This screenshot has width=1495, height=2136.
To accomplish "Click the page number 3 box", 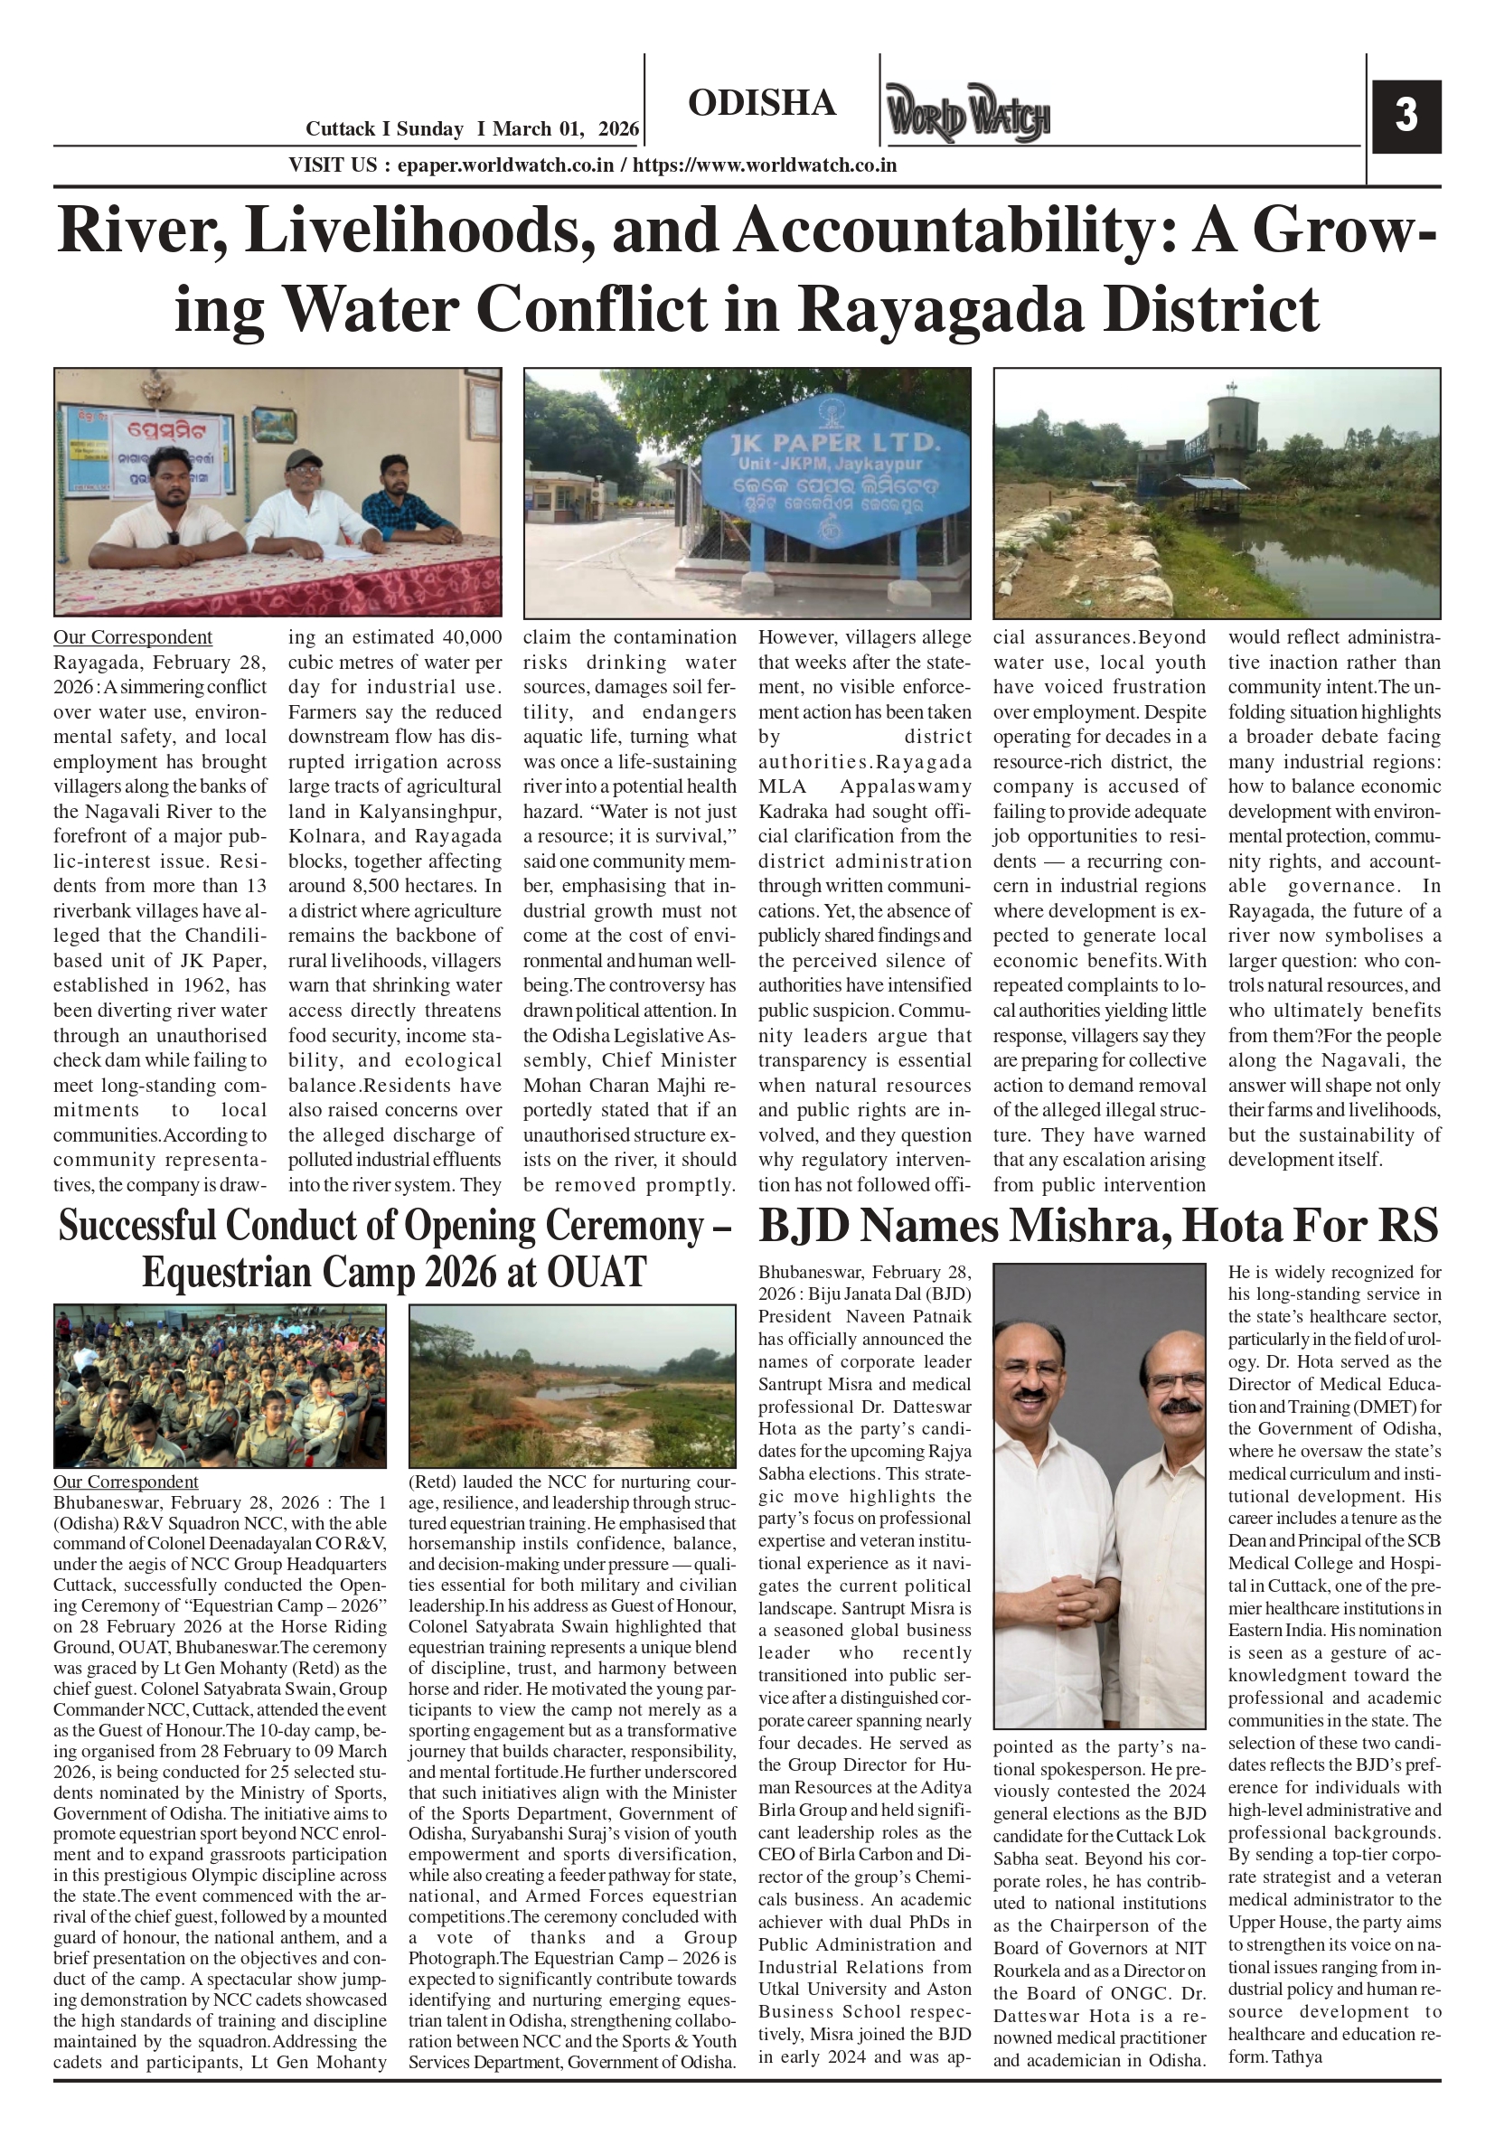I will pyautogui.click(x=1406, y=117).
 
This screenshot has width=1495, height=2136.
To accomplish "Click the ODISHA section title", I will pyautogui.click(x=762, y=103).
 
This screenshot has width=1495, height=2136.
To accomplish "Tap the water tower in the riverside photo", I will pyautogui.click(x=1231, y=433).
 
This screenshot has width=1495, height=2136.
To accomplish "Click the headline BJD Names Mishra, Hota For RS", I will pyautogui.click(x=1099, y=1225).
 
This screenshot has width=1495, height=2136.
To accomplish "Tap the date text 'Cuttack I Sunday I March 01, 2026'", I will pyautogui.click(x=473, y=129).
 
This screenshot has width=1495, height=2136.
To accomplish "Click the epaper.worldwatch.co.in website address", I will pyautogui.click(x=505, y=165).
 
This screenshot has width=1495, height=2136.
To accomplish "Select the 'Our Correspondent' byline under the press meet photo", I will pyautogui.click(x=132, y=637).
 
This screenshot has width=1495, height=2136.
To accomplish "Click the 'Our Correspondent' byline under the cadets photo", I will pyautogui.click(x=126, y=1481).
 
